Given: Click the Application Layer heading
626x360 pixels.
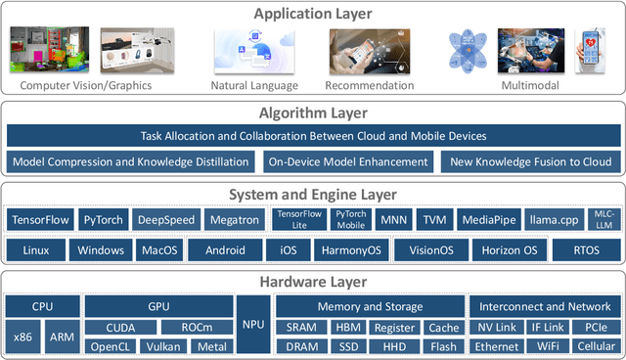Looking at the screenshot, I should (x=313, y=14).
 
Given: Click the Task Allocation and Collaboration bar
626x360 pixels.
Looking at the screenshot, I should (x=313, y=136).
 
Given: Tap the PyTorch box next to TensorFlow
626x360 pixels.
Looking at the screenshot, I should (x=102, y=220).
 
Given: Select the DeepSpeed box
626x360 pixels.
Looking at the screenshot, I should (x=165, y=220).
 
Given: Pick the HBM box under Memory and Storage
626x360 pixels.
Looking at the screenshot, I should (x=347, y=328).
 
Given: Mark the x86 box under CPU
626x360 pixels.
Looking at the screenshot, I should (x=22, y=337).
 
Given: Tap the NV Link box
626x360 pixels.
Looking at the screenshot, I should (x=496, y=328).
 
